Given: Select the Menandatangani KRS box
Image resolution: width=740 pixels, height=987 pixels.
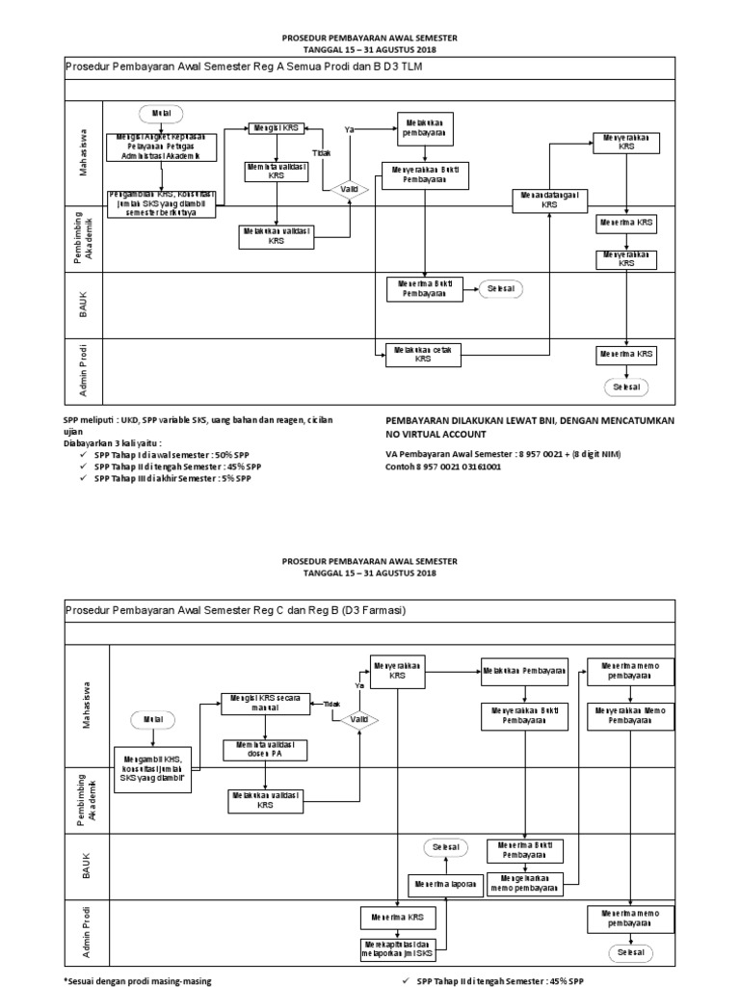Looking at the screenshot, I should point(549,200).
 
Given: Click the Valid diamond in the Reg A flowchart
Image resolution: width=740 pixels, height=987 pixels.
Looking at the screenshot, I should point(351,190).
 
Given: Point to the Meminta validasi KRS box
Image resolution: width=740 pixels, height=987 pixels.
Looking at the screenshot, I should point(277,172).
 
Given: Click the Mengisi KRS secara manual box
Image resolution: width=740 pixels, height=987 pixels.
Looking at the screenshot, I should point(265,703).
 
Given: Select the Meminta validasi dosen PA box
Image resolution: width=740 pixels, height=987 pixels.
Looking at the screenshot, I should point(265,749).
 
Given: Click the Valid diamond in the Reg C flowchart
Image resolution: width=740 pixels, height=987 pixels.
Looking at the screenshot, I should point(358,719).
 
